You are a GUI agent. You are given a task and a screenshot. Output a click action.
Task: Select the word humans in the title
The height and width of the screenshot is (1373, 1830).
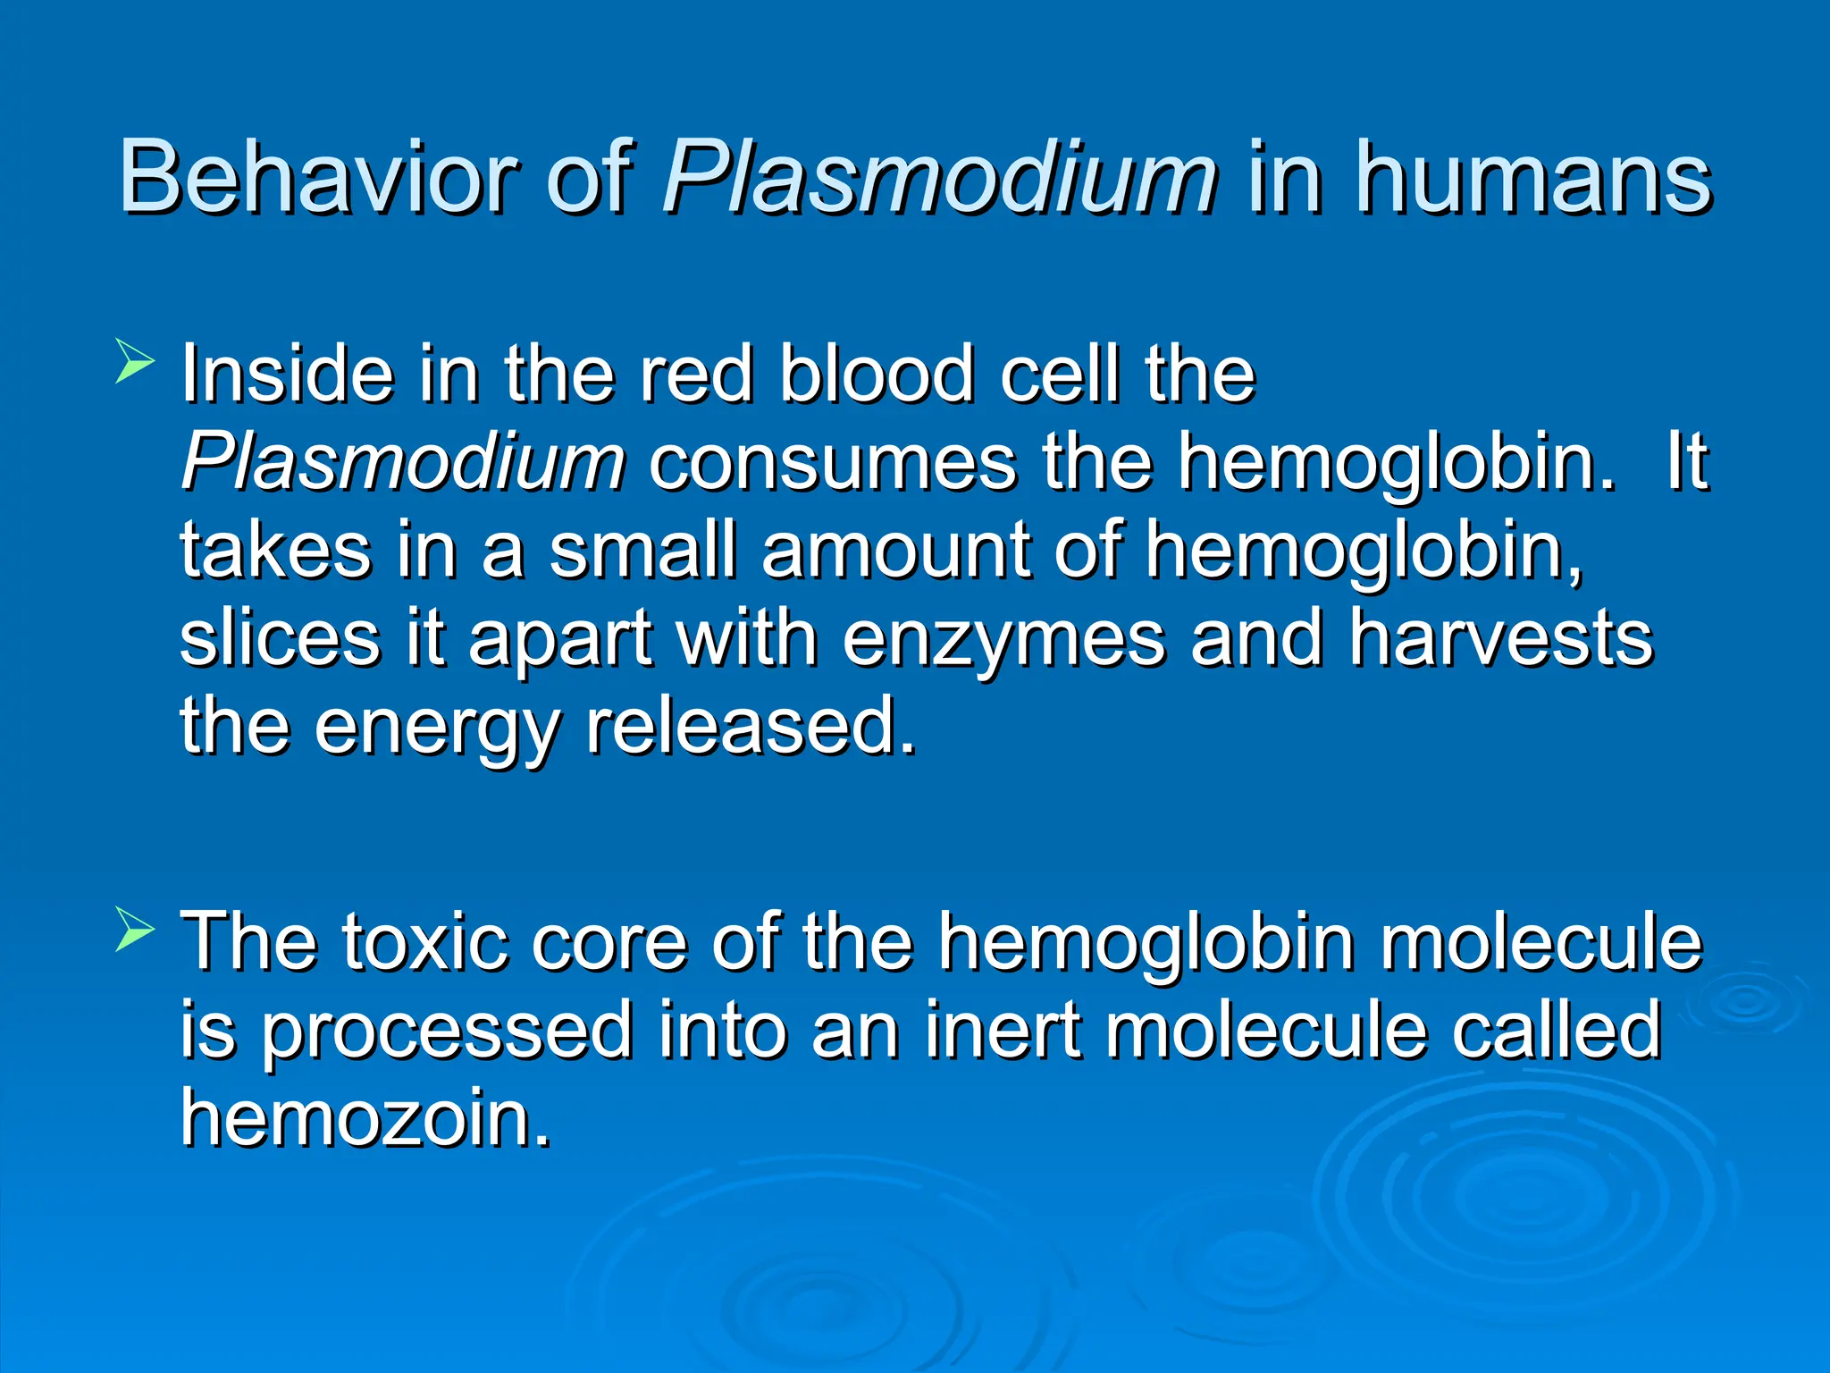[1533, 177]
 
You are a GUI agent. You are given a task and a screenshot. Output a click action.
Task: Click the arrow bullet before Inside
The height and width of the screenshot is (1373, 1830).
[135, 366]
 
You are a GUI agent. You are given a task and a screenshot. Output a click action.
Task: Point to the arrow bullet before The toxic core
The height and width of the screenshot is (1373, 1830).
[135, 931]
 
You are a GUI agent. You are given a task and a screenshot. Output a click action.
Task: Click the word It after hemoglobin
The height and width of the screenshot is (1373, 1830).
[1687, 462]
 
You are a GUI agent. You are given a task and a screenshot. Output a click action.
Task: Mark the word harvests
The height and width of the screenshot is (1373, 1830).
[1501, 638]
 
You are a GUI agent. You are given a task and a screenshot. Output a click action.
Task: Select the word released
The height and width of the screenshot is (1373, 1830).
[751, 726]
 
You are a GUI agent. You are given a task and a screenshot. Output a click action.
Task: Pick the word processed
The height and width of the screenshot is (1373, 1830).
[447, 1030]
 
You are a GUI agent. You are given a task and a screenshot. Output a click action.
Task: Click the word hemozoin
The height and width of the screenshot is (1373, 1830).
[366, 1117]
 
